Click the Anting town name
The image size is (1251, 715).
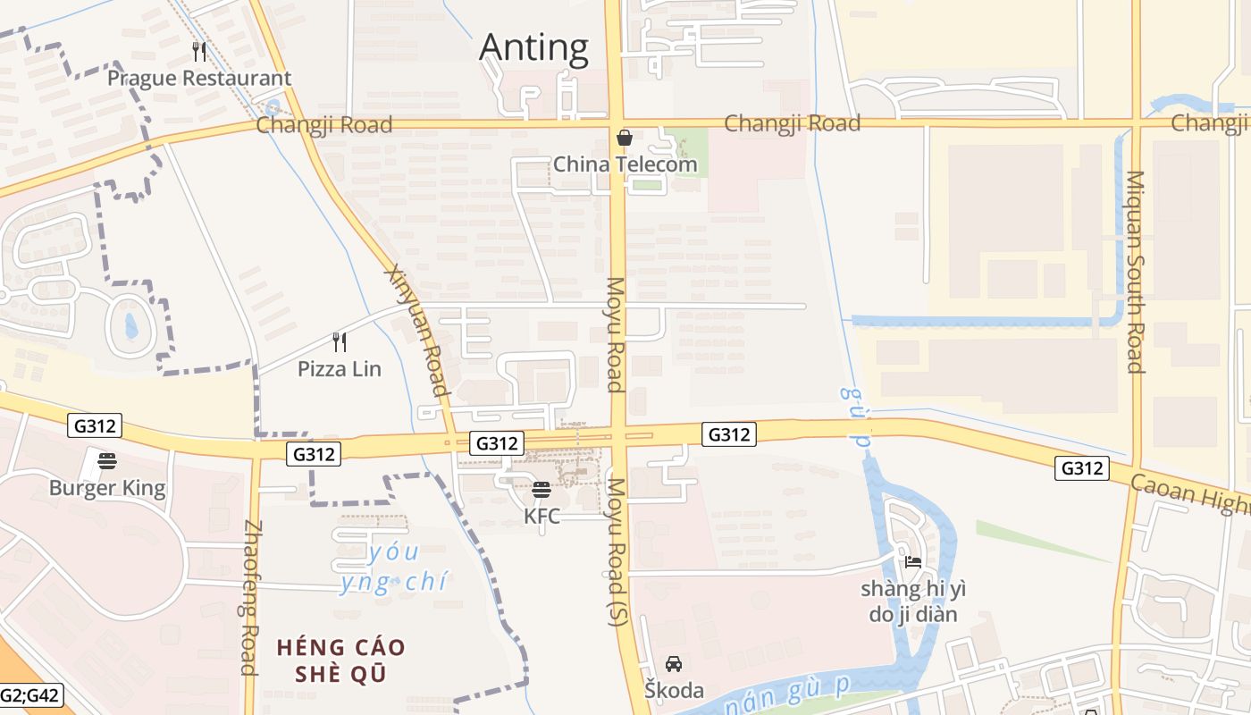(x=533, y=47)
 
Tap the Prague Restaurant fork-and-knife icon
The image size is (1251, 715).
(x=199, y=52)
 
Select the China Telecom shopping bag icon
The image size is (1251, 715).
(x=625, y=138)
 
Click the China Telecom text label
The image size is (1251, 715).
(x=625, y=164)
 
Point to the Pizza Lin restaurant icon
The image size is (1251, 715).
(x=340, y=341)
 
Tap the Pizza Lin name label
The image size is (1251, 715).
(x=340, y=368)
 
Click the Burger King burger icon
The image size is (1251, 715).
(x=107, y=461)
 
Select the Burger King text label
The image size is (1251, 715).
(x=107, y=488)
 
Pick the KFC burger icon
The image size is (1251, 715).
(x=541, y=490)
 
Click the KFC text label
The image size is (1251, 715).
(x=542, y=516)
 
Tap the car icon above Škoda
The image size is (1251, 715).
(x=674, y=663)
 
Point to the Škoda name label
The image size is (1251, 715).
(x=674, y=690)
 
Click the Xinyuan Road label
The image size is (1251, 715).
(x=416, y=330)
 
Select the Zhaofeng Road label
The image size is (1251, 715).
(x=249, y=597)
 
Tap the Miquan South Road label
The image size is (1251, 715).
(x=1136, y=272)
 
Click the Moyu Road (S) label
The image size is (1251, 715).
(x=617, y=551)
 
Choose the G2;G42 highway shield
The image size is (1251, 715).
(x=31, y=694)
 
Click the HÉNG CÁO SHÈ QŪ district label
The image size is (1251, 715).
(x=340, y=660)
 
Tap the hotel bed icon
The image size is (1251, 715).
(x=912, y=562)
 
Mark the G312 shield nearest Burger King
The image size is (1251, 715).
(x=94, y=426)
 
